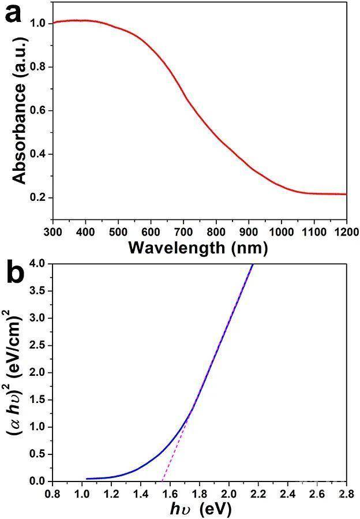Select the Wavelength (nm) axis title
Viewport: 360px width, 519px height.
[198, 248]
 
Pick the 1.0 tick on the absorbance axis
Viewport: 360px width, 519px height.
[38, 24]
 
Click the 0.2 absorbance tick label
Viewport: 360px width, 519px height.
[38, 198]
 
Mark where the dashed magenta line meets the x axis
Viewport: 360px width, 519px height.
[163, 481]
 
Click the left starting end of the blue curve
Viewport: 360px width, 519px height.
[87, 479]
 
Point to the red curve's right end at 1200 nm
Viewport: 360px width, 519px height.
[346, 195]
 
